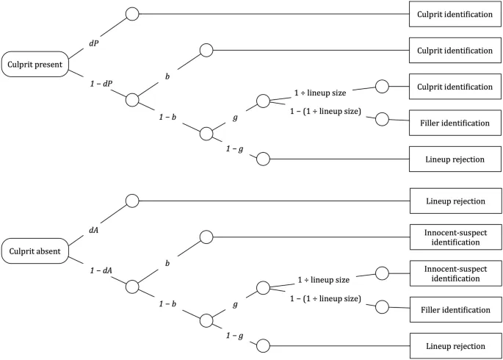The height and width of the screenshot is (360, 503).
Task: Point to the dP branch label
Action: click(x=94, y=43)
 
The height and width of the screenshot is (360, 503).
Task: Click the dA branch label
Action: click(x=94, y=230)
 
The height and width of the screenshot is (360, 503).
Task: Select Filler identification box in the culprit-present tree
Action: click(x=450, y=123)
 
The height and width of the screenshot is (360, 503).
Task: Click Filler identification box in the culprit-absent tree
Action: click(x=450, y=310)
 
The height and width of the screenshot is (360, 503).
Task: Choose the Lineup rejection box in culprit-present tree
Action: click(x=450, y=159)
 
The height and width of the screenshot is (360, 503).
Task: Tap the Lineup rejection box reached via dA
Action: click(x=450, y=201)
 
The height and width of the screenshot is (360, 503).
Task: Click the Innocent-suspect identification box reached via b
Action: click(x=450, y=237)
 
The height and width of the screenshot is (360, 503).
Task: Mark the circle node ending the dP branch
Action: click(x=132, y=14)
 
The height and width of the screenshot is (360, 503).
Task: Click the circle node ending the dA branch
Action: click(x=132, y=201)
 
